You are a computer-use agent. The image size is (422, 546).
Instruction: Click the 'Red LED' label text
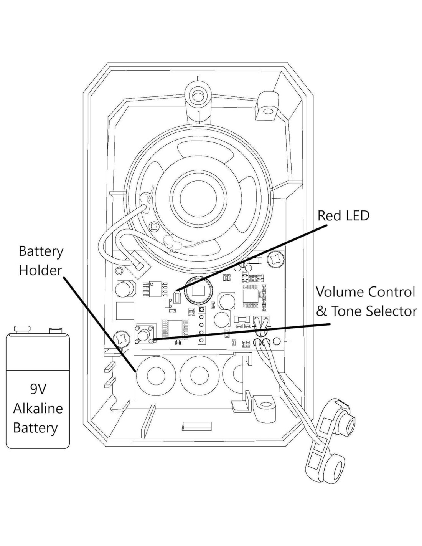pos(343,216)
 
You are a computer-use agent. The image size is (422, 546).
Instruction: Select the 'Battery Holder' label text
pos(41,261)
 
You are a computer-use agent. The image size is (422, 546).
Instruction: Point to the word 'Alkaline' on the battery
pos(38,408)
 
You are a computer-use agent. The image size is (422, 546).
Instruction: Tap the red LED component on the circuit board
pos(177,297)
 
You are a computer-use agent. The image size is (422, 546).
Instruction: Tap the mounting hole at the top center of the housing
pos(198,94)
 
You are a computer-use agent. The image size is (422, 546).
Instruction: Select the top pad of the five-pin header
pos(201,310)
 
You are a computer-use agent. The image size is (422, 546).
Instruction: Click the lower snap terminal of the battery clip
pos(333,467)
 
